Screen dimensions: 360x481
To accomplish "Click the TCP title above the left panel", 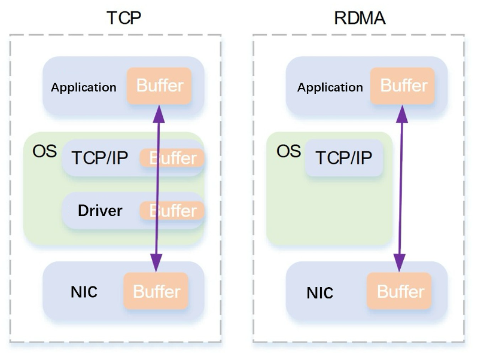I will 124,17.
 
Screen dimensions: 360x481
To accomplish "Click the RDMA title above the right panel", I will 360,17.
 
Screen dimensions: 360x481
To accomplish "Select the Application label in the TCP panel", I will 84,87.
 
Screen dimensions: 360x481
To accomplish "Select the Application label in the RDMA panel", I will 330,87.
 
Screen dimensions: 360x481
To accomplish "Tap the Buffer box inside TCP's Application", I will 159,86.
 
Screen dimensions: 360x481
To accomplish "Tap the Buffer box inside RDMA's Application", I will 403,86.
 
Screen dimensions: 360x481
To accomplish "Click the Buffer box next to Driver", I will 172,210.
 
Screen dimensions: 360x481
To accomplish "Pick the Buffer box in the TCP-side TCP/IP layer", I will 172,158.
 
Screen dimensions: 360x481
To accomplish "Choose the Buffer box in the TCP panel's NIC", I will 156,291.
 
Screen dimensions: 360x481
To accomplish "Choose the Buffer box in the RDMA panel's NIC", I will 400,291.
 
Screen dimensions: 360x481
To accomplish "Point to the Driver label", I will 100,210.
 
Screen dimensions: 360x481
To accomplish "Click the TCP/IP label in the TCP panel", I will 100,158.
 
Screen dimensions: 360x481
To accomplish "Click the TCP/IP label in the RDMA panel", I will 344,158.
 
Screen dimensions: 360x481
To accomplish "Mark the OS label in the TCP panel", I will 44,151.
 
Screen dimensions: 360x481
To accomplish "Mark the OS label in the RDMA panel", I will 288,151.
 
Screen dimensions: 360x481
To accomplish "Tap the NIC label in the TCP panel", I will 84,292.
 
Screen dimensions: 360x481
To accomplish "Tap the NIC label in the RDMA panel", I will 320,293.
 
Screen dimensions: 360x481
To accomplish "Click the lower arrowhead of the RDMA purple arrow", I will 399,262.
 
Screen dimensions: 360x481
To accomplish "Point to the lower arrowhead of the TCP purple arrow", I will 156,262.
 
